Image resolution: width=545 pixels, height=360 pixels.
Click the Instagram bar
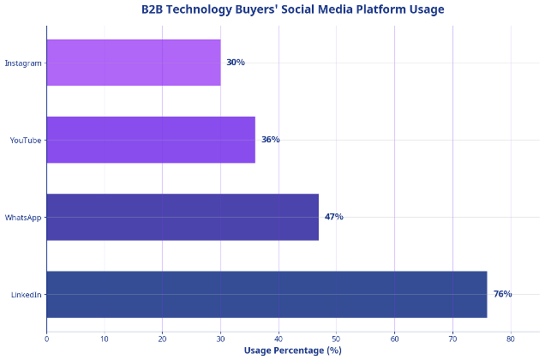pyautogui.click(x=134, y=63)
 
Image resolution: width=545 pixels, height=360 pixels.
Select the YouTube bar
pyautogui.click(x=151, y=140)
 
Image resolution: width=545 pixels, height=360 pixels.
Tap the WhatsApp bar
pyautogui.click(x=183, y=217)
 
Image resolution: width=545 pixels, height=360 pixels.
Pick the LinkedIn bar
pyautogui.click(x=267, y=294)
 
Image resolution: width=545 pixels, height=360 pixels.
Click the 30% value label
pyautogui.click(x=236, y=63)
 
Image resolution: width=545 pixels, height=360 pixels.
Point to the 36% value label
pyautogui.click(x=271, y=140)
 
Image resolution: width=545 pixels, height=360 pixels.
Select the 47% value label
pyautogui.click(x=334, y=217)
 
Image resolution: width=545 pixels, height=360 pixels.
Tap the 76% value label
pyautogui.click(x=502, y=294)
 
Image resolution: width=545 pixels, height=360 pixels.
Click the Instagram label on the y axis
pyautogui.click(x=23, y=63)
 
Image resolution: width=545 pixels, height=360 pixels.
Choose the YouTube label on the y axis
pyautogui.click(x=26, y=140)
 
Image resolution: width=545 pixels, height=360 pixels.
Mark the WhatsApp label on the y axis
pyautogui.click(x=23, y=217)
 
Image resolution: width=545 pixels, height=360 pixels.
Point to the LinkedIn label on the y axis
pyautogui.click(x=26, y=295)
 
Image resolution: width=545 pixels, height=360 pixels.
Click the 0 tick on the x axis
pyautogui.click(x=46, y=339)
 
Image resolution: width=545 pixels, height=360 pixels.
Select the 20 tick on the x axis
pyautogui.click(x=162, y=339)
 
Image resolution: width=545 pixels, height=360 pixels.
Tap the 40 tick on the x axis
pyautogui.click(x=278, y=339)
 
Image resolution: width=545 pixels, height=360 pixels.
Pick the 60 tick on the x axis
pyautogui.click(x=394, y=339)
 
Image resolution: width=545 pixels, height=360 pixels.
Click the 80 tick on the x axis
pyautogui.click(x=511, y=339)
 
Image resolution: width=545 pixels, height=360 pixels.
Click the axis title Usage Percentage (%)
pyautogui.click(x=292, y=351)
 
